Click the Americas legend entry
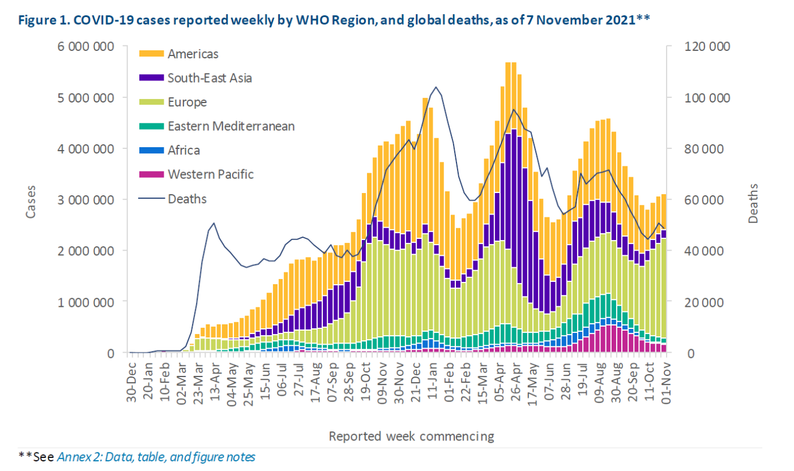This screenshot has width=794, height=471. pos(193,54)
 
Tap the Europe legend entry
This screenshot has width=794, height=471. pos(187,102)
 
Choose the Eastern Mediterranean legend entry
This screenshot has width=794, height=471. pos(230,126)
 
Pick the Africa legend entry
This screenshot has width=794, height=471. pos(183,151)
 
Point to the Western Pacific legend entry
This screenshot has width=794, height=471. pos(210,174)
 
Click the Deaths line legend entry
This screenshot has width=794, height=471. pos(186,199)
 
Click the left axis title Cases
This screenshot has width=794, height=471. pos(31,200)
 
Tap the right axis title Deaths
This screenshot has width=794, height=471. pos(752,200)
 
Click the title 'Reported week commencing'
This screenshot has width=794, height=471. pos(412,436)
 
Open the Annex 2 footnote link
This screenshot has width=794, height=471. pos(156,457)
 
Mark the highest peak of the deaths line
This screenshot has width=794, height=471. pos(436,87)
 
